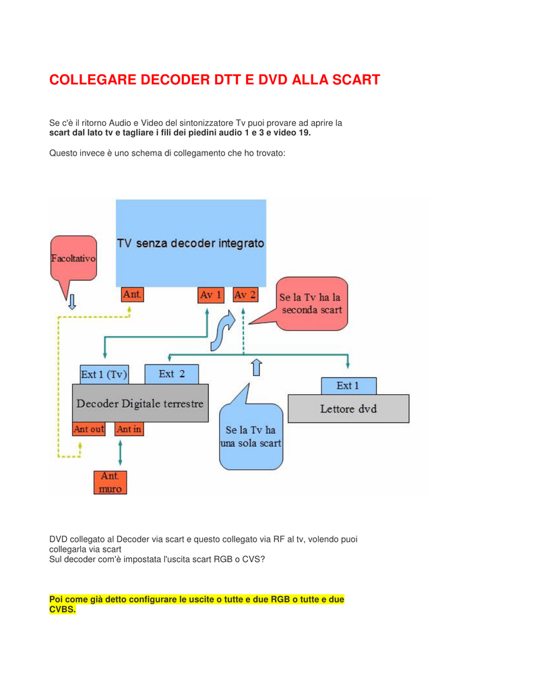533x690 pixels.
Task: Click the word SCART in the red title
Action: tap(356, 80)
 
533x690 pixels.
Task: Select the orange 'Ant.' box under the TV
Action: tap(133, 294)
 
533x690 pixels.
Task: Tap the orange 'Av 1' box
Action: tap(211, 295)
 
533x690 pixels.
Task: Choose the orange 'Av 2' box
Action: tap(245, 295)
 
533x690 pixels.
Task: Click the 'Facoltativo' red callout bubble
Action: tap(73, 258)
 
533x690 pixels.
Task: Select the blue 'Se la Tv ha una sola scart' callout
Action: tap(251, 437)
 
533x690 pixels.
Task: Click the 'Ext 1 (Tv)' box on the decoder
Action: tap(104, 375)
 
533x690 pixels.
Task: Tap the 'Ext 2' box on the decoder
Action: tap(172, 374)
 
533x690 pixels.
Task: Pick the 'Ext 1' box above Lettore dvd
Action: tap(348, 386)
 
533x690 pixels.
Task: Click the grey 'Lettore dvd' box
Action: tap(348, 409)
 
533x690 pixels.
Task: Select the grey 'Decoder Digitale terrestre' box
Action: tap(140, 403)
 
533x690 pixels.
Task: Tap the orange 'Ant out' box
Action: tap(89, 429)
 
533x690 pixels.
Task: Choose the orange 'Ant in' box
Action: tap(129, 429)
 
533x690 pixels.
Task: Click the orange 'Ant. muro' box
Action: tap(110, 482)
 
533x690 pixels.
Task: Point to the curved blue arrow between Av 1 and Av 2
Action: tap(222, 331)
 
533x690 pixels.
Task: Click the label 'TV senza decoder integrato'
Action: tap(191, 243)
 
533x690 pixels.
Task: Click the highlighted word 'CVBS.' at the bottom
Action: tap(63, 609)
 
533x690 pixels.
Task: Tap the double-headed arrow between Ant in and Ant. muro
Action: tap(120, 452)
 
